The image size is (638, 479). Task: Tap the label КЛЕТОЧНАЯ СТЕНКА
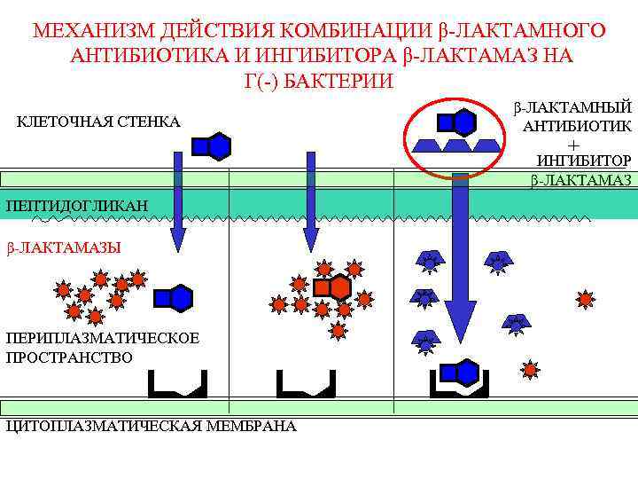(98, 121)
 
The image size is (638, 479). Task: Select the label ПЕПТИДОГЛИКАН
(76, 206)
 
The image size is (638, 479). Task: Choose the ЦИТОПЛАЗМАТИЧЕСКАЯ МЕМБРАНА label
(151, 426)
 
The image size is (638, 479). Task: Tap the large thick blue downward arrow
(461, 266)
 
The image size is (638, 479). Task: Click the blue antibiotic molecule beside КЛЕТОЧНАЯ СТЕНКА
(213, 145)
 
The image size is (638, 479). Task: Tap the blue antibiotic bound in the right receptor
(458, 373)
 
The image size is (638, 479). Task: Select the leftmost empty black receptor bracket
(177, 384)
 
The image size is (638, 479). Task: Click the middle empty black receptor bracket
(306, 384)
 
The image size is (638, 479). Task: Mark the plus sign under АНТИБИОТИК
(574, 144)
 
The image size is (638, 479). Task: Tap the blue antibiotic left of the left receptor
(174, 298)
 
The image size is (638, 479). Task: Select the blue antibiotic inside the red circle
(457, 122)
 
